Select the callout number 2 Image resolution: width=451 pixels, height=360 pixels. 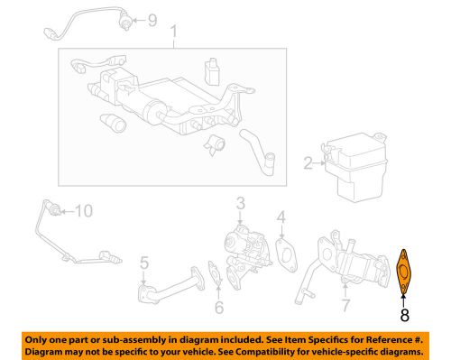point(308,164)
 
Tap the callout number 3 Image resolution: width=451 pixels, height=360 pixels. point(240,203)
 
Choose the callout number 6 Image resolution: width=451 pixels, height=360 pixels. point(218,308)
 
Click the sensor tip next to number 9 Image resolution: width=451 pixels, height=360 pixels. point(123,20)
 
